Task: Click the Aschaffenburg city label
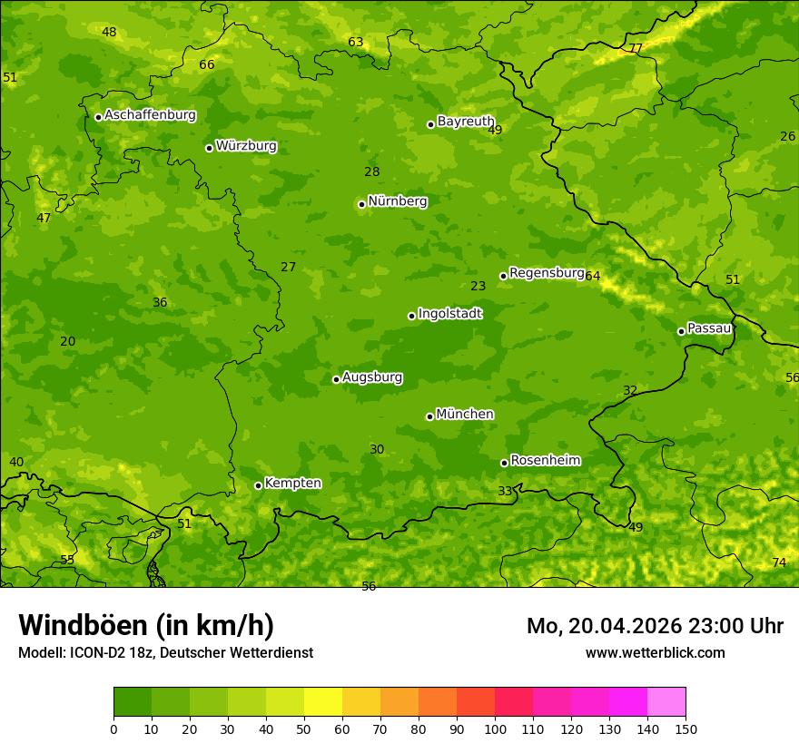[x=150, y=115]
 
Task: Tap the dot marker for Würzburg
[x=209, y=148]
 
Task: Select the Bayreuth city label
[x=466, y=121]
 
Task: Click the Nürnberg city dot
[x=361, y=204]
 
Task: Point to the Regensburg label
[x=546, y=272]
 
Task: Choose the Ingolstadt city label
[x=449, y=313]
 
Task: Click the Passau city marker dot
[x=681, y=331]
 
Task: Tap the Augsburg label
[x=372, y=376]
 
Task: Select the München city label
[x=465, y=414]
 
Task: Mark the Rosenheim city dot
[x=504, y=463]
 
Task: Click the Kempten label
[x=292, y=483]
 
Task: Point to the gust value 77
[x=636, y=48]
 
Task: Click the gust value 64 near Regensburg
[x=593, y=276]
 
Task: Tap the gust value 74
[x=779, y=562]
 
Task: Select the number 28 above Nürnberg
[x=372, y=171]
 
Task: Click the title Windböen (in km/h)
[x=146, y=625]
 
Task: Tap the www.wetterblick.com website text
[x=655, y=652]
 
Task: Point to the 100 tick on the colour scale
[x=495, y=729]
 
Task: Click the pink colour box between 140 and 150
[x=666, y=702]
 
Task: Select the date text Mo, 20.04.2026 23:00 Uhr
[x=655, y=626]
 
